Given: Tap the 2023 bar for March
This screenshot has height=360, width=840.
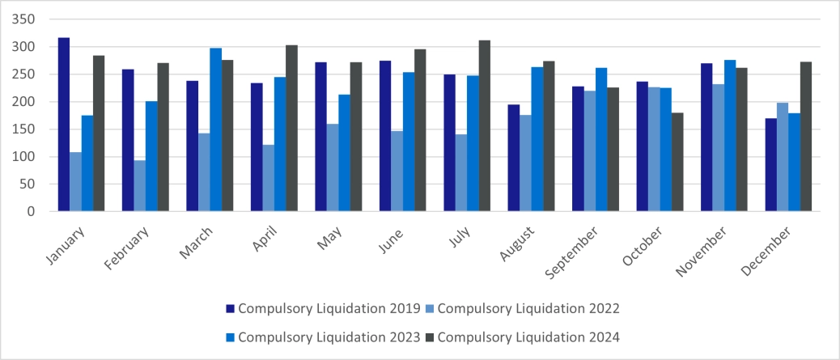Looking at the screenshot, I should pos(215,129).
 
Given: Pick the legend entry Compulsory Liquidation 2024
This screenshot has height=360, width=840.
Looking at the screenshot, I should pos(528,336).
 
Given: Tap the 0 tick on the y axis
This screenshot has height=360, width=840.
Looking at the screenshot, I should pos(32,212).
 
